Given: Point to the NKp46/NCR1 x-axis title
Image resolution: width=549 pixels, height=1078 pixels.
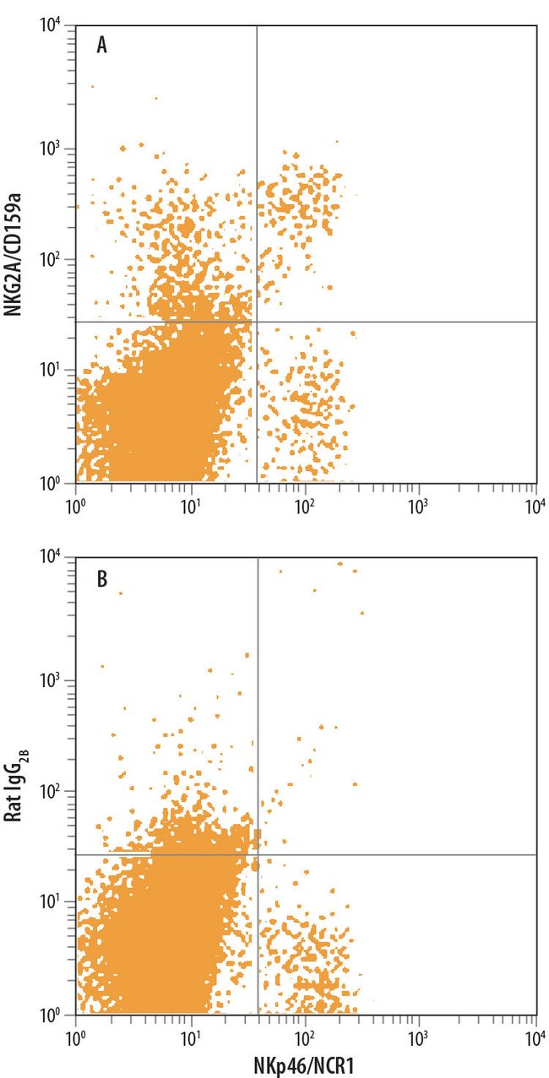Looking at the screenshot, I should tap(307, 1064).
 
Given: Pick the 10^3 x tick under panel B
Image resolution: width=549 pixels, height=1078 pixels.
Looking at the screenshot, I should tap(419, 1034).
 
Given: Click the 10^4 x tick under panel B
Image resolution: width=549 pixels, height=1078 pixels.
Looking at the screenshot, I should tap(534, 1034).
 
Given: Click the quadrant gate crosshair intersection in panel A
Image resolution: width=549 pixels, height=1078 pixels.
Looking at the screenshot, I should tap(256, 322).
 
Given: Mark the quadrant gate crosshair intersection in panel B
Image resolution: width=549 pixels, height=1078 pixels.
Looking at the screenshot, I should tap(256, 854).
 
